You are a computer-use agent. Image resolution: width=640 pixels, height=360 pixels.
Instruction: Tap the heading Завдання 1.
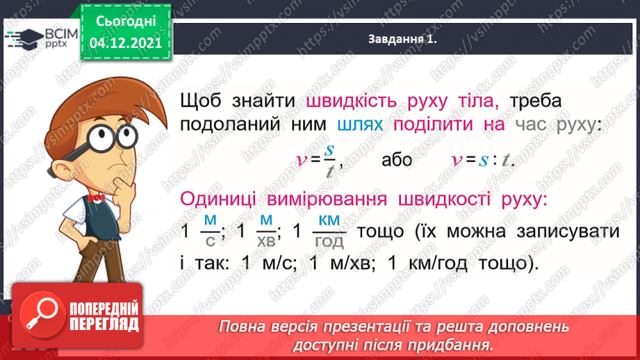402,40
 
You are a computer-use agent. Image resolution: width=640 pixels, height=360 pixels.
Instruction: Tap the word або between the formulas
397,160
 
